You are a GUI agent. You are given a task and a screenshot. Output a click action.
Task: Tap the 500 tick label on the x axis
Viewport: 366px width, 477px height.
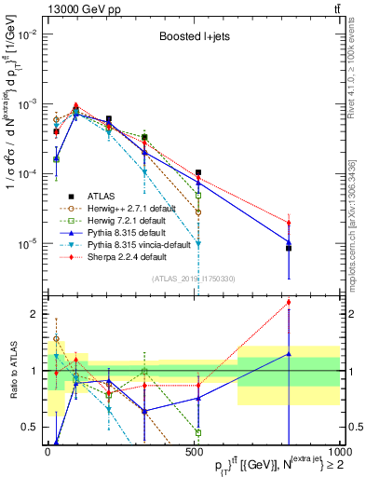coord(194,450)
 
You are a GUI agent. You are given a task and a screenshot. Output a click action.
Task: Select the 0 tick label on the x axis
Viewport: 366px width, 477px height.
coord(47,450)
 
